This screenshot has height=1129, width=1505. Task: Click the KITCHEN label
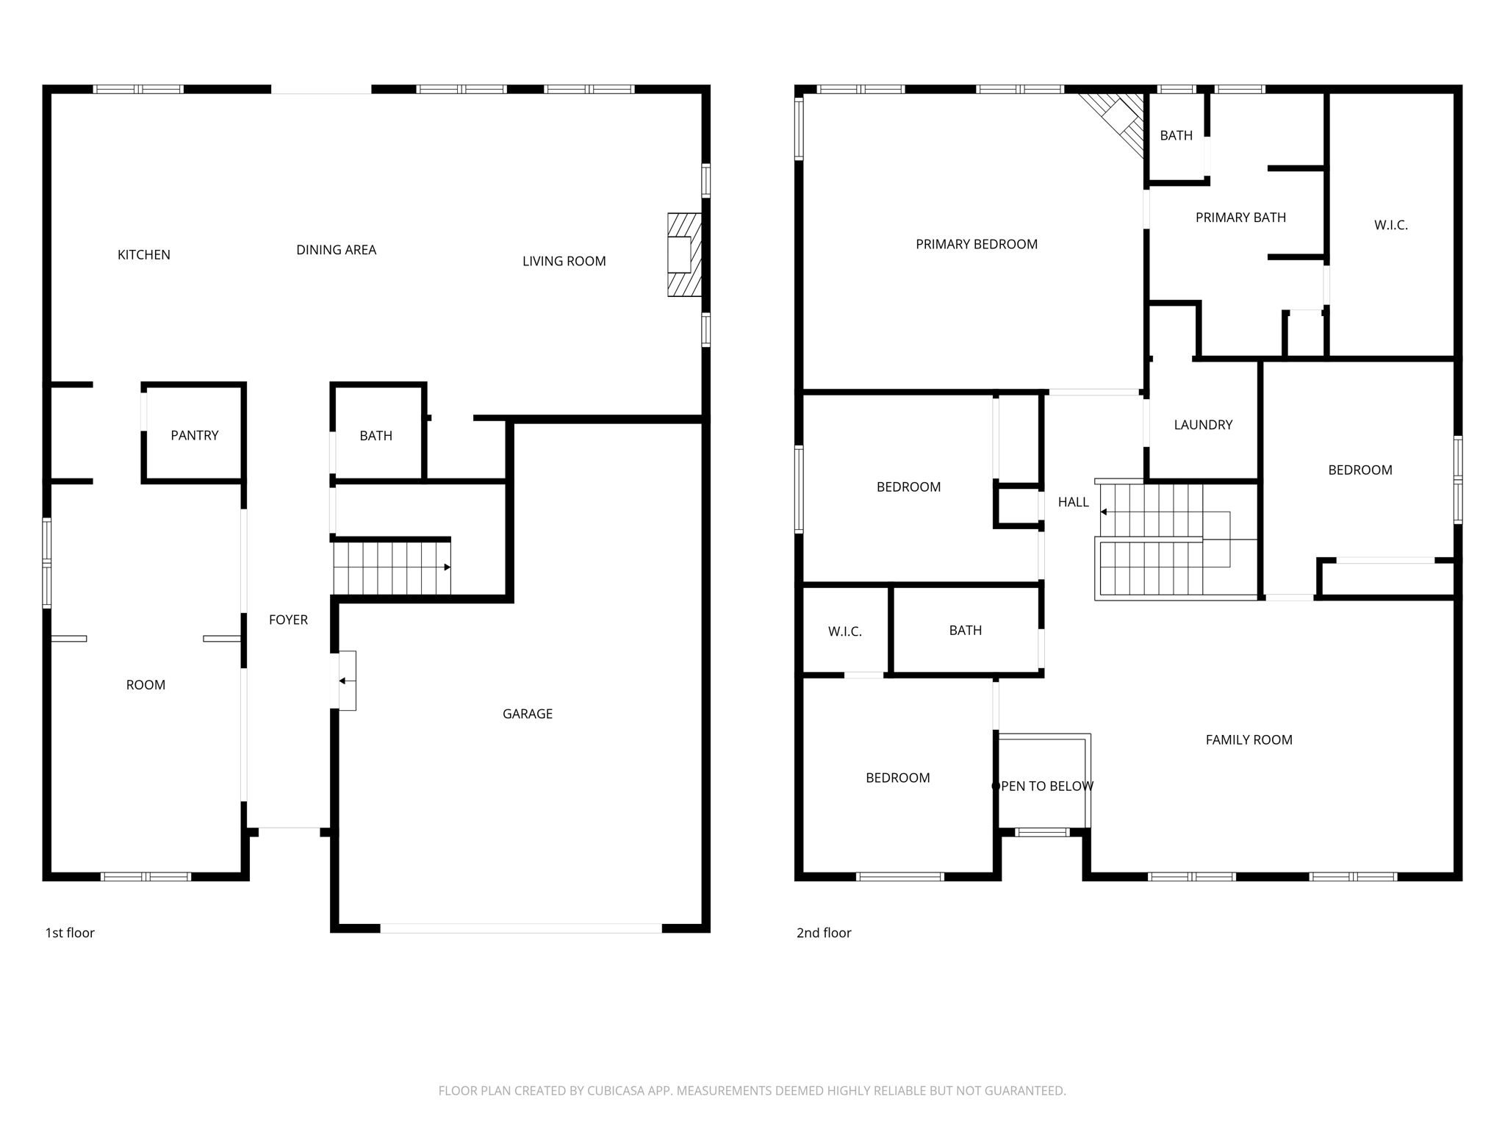[x=144, y=255]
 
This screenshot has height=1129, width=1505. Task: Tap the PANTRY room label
[x=195, y=436]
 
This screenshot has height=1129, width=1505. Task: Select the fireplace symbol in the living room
[x=683, y=255]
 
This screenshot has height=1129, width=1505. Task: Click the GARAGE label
[x=528, y=714]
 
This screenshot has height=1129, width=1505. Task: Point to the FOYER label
[x=288, y=620]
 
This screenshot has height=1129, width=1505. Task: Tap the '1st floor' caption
[x=70, y=933]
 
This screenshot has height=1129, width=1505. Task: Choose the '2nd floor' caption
[x=824, y=933]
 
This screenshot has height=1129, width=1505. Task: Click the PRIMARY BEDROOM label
[x=977, y=245]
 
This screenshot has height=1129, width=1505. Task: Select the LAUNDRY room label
[x=1203, y=425]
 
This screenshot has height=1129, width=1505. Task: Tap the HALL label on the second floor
[x=1073, y=503]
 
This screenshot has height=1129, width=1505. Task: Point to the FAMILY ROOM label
[x=1249, y=740]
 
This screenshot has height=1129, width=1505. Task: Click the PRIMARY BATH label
[x=1240, y=218]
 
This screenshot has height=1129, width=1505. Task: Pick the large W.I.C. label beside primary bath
[x=1390, y=226]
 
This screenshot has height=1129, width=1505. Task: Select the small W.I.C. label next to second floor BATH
[x=844, y=631]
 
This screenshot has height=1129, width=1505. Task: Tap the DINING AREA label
[x=336, y=250]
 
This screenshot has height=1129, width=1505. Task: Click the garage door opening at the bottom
[x=520, y=928]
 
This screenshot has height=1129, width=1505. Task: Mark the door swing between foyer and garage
[x=347, y=681]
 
